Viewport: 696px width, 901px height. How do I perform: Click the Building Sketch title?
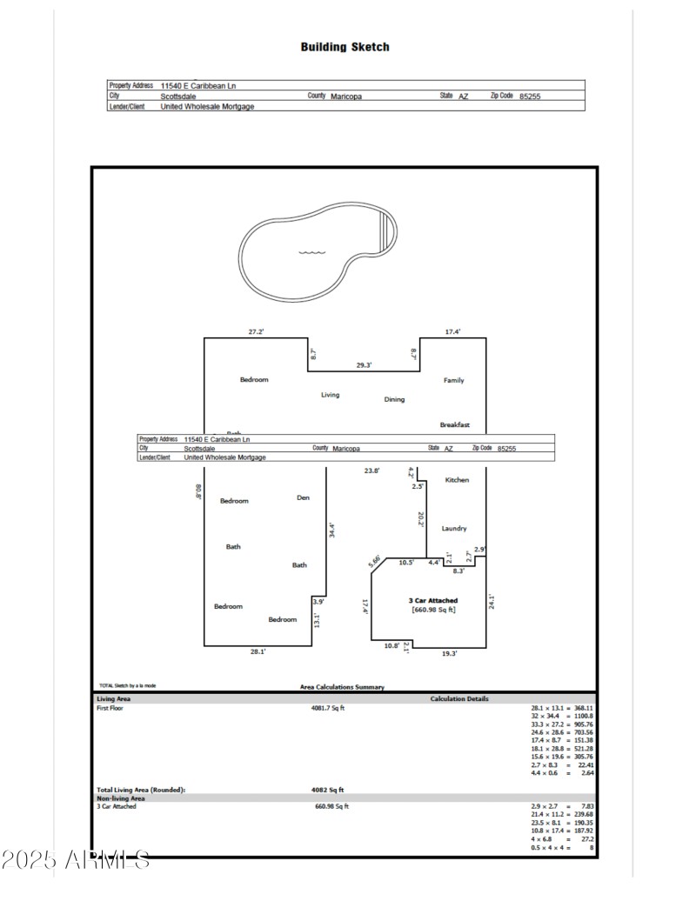(x=345, y=47)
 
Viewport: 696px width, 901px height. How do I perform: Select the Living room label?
(x=330, y=395)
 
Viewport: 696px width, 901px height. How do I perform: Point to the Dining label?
(x=394, y=399)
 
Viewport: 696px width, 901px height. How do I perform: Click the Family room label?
(x=453, y=380)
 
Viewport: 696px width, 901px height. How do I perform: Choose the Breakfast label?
(x=454, y=424)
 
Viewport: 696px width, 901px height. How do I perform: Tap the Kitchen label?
(x=457, y=480)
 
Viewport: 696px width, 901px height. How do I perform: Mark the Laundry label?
(x=453, y=528)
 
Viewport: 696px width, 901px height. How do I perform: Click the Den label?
(x=303, y=497)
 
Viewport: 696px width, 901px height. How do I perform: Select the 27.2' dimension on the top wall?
(x=256, y=331)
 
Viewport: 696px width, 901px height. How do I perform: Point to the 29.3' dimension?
(x=363, y=365)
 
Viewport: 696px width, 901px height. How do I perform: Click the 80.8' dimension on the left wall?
(x=198, y=492)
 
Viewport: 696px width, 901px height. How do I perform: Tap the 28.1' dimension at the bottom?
(x=258, y=651)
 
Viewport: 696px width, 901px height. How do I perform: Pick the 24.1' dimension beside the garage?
(x=492, y=602)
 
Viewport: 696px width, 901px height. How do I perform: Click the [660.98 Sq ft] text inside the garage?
(x=433, y=610)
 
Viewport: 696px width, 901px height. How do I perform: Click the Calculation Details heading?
(x=458, y=698)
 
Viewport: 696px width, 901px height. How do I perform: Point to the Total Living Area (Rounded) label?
(x=140, y=790)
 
